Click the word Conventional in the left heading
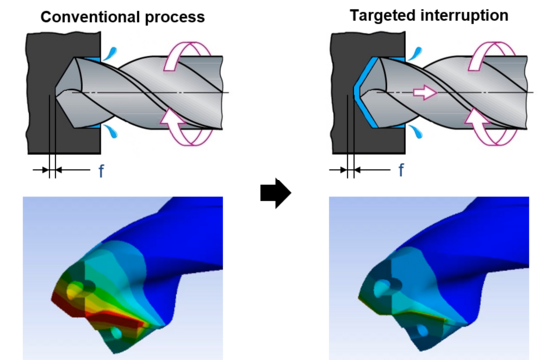(x=90, y=17)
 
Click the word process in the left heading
(x=175, y=18)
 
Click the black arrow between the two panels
(x=275, y=192)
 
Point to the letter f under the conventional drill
(x=101, y=170)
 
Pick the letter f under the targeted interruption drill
(x=401, y=170)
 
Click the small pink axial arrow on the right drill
(x=425, y=92)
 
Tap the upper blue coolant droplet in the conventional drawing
(x=111, y=53)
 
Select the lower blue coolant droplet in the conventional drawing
(x=111, y=131)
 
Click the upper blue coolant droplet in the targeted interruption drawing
(x=414, y=53)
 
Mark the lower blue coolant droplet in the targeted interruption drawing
(x=415, y=131)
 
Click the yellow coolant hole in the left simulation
(x=74, y=288)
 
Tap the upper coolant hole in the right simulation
(x=383, y=286)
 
